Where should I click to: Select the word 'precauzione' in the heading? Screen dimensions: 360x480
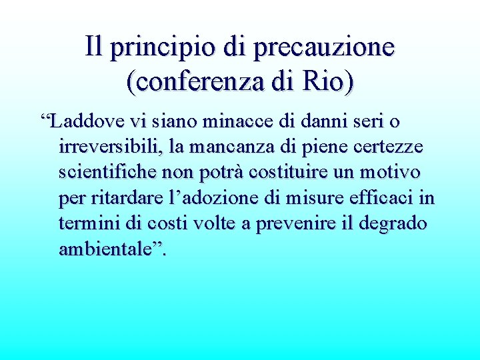pyautogui.click(x=325, y=47)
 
